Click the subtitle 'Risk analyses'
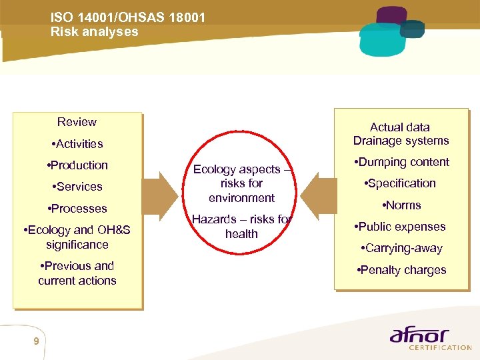tap(94, 32)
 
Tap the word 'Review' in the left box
tap(77, 122)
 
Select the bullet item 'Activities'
tap(77, 143)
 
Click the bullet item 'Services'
tap(77, 187)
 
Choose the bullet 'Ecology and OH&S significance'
tap(77, 237)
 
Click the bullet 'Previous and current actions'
tap(77, 273)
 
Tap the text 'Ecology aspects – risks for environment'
tap(241, 183)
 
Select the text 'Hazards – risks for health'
tap(241, 226)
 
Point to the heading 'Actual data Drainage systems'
tap(401, 133)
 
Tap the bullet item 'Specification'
tap(401, 183)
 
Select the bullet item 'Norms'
tap(401, 205)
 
